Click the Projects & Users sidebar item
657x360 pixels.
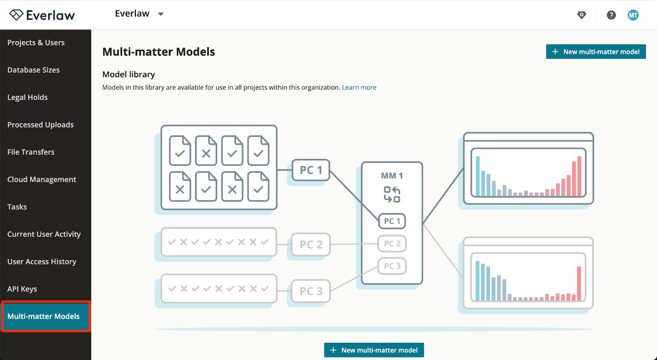(36, 43)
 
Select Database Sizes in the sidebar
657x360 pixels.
(33, 70)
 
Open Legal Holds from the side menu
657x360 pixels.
(28, 97)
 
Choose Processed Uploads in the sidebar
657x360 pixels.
(41, 125)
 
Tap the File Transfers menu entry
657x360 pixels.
(31, 152)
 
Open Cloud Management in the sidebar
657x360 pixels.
(41, 179)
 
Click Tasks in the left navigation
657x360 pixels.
(17, 207)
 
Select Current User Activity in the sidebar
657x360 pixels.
(44, 234)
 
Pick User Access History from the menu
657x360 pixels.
(41, 261)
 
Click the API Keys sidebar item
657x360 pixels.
(22, 289)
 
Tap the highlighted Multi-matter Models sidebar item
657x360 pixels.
(46, 316)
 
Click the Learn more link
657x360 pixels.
(359, 87)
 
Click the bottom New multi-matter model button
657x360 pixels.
(374, 350)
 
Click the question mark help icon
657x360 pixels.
(611, 15)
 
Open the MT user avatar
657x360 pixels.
(633, 15)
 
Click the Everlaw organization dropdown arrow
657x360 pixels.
(161, 14)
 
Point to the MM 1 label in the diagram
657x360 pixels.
(392, 176)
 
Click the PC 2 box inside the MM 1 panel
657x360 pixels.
(392, 243)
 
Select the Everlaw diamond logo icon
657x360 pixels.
(16, 15)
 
